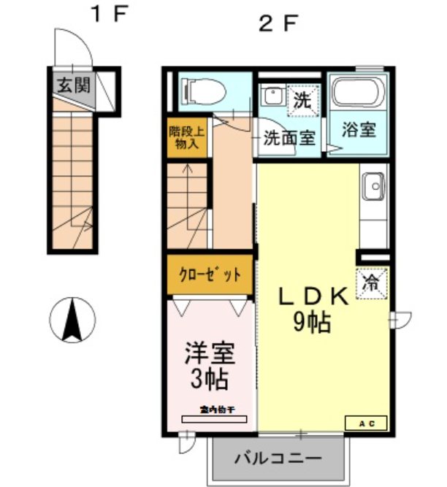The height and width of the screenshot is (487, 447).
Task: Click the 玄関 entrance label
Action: [72, 85]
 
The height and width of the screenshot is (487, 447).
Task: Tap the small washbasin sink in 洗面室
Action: [272, 96]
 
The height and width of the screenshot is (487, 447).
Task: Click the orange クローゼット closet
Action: [210, 275]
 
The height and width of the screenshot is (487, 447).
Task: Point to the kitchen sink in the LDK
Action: [373, 186]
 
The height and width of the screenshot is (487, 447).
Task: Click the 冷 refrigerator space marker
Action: [372, 283]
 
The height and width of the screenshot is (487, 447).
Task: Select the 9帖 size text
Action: [312, 322]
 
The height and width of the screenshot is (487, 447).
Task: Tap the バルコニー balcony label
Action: [278, 460]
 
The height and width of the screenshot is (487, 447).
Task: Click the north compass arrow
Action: [74, 320]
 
